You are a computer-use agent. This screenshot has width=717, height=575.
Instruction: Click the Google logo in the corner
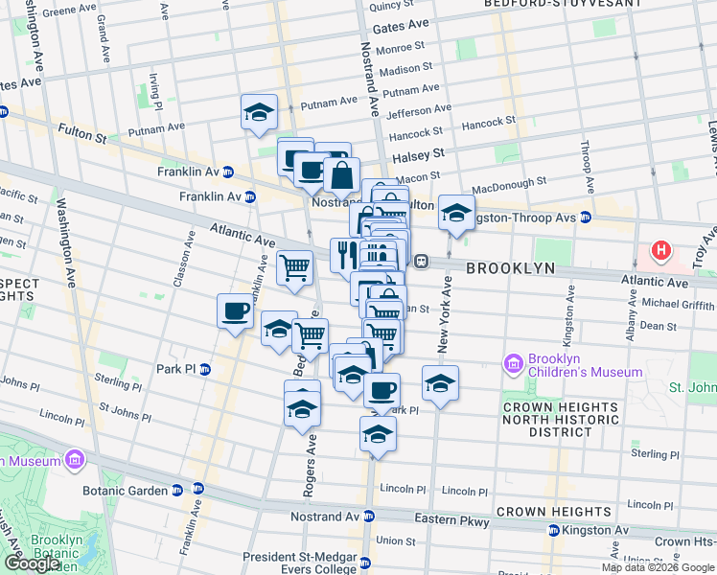click(32, 563)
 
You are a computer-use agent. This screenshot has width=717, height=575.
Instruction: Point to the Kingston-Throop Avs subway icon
click(585, 218)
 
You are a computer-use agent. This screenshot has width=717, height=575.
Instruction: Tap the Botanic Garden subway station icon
click(176, 490)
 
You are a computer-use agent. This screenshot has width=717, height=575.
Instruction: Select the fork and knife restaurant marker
click(344, 254)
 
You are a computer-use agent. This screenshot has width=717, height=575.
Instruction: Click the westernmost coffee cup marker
click(235, 310)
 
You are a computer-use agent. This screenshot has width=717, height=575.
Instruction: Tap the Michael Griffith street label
click(679, 304)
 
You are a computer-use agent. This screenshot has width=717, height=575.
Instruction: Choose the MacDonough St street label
click(508, 180)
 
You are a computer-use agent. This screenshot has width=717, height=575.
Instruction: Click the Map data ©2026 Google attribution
click(657, 567)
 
